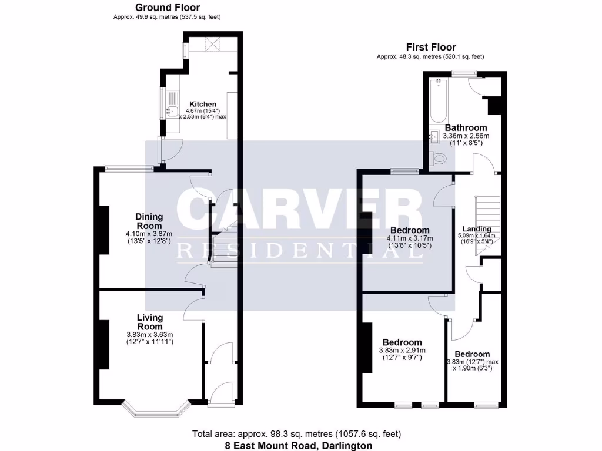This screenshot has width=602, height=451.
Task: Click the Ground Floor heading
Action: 167,8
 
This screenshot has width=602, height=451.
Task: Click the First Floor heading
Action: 431,47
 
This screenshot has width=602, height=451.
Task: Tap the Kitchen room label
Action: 199,104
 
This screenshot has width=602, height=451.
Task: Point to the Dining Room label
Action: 149,221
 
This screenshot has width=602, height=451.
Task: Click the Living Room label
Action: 149,322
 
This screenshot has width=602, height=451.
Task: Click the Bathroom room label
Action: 466,127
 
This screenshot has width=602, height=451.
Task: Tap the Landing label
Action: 476,229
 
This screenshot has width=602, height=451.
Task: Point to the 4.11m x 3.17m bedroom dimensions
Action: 409,241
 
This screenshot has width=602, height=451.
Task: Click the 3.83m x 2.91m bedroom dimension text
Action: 402,354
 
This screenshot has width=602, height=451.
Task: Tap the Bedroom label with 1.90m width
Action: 472,354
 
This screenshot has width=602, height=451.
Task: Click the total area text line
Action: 296,435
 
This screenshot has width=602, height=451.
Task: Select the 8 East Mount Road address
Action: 299,446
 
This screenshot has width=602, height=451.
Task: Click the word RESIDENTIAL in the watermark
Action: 300,251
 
